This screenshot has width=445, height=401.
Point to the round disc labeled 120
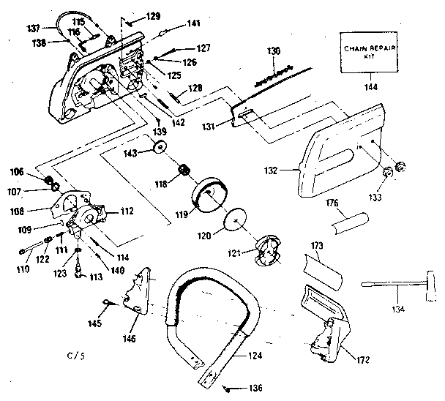[237, 220]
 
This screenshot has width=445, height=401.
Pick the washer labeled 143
[157, 153]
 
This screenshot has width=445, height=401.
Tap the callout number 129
[152, 16]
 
